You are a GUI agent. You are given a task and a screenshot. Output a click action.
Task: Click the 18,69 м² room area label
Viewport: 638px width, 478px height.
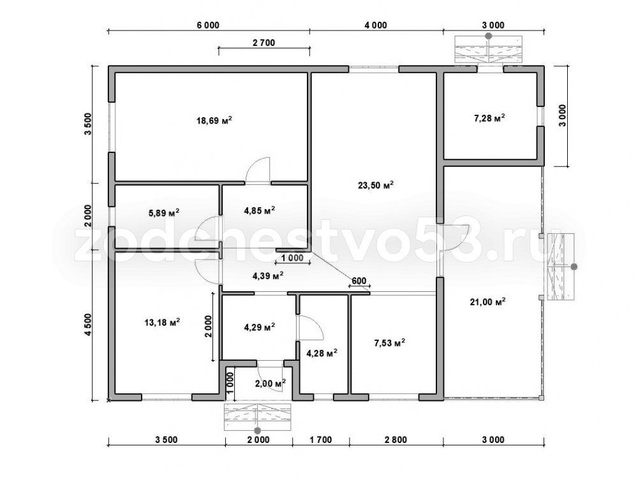pyautogui.click(x=214, y=120)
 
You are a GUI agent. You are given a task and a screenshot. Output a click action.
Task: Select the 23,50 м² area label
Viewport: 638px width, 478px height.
pyautogui.click(x=376, y=185)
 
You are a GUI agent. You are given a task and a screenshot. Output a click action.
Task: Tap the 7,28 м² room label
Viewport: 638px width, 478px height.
pyautogui.click(x=489, y=119)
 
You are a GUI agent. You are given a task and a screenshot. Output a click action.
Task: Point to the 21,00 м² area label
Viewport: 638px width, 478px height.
pyautogui.click(x=487, y=301)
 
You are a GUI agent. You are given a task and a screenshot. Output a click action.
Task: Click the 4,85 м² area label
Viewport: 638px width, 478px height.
pyautogui.click(x=259, y=210)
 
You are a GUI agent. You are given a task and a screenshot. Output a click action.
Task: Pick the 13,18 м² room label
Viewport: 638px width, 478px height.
pyautogui.click(x=162, y=322)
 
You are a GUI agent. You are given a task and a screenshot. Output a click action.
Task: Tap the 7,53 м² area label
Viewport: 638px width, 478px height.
pyautogui.click(x=389, y=343)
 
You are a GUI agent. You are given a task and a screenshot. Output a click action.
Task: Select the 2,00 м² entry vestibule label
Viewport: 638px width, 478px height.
pyautogui.click(x=270, y=383)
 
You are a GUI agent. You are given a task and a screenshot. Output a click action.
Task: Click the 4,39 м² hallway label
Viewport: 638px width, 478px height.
pyautogui.click(x=268, y=276)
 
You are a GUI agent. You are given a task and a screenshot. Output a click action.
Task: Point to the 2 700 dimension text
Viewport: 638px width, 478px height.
pyautogui.click(x=263, y=42)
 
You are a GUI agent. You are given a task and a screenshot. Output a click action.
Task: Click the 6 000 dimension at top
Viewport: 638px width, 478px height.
pyautogui.click(x=208, y=25)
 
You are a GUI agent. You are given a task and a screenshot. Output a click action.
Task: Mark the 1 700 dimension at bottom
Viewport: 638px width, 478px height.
pyautogui.click(x=320, y=440)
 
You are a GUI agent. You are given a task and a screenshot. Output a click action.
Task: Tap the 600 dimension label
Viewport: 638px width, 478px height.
pyautogui.click(x=359, y=280)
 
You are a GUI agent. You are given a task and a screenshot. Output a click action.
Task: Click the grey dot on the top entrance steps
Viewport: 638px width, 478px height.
pyautogui.click(x=489, y=36)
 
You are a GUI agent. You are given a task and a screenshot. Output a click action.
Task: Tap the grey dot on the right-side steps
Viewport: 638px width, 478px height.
pyautogui.click(x=574, y=266)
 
